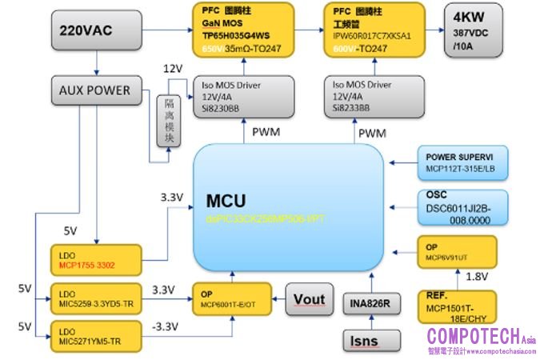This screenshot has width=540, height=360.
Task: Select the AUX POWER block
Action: [94, 90]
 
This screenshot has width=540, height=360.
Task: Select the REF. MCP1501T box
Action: [457, 306]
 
